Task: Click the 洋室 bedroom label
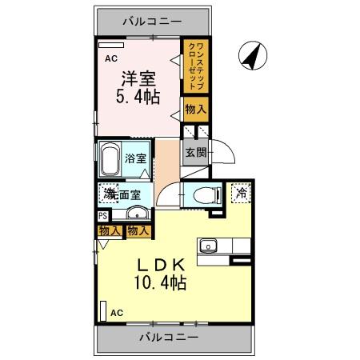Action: point(138,79)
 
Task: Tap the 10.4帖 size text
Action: point(161,283)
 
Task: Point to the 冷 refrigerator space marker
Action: point(239,193)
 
